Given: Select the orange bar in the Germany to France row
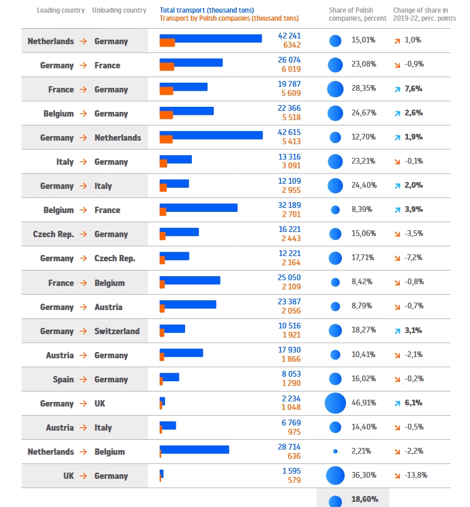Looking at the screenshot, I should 167,67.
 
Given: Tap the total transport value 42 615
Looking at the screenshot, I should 289,132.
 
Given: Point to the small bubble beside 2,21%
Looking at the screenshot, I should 335,451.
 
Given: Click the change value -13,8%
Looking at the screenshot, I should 416,475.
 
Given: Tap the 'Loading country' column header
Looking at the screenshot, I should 61,10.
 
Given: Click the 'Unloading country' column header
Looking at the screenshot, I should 119,10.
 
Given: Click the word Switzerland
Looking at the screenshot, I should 117,331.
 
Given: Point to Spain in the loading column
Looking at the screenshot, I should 63,380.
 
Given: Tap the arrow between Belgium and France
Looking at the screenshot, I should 83,210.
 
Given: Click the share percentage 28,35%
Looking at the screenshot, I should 364,89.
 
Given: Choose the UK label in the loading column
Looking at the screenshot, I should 68,476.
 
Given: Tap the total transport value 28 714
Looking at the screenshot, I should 289,446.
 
